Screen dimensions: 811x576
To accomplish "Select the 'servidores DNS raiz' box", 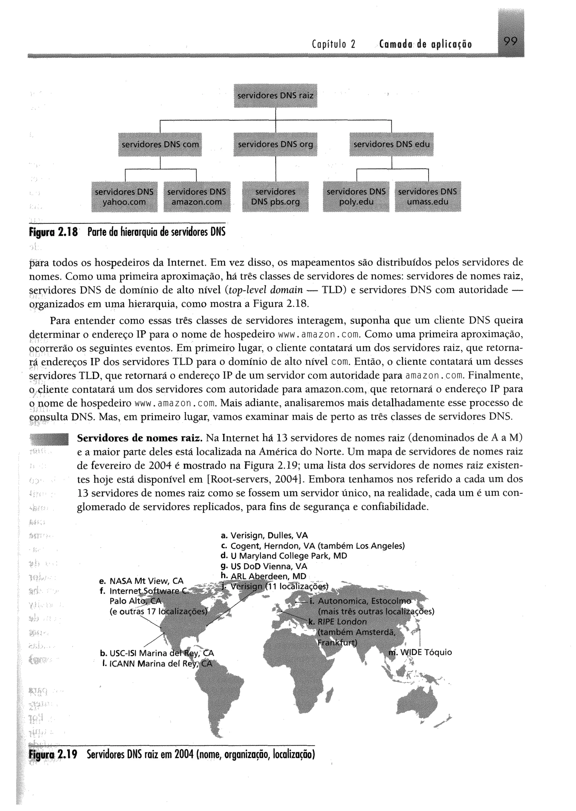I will (x=275, y=95).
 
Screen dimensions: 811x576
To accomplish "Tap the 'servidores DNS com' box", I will (x=160, y=144).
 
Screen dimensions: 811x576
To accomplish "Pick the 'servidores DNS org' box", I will (x=275, y=144).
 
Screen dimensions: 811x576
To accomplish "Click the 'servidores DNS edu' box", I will (x=391, y=144).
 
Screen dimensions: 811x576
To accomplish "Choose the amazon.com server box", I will (x=197, y=197).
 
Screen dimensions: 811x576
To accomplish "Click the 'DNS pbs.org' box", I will (x=275, y=197).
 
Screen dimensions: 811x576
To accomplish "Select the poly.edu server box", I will (x=356, y=197).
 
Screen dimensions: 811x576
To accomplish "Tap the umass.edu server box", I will (x=427, y=197).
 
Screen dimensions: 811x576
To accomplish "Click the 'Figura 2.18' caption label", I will (x=53, y=232).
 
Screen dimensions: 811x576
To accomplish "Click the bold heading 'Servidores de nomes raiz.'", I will (x=140, y=438).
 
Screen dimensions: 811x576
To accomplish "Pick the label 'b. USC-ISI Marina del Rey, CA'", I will (x=157, y=653).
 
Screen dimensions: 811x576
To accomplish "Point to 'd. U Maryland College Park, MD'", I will (x=284, y=556).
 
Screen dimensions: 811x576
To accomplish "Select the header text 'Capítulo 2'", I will (x=333, y=45).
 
